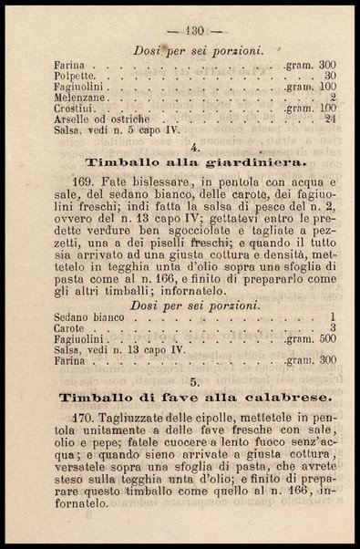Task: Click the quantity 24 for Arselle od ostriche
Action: tap(330, 118)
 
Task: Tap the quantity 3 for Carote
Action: tap(334, 327)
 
